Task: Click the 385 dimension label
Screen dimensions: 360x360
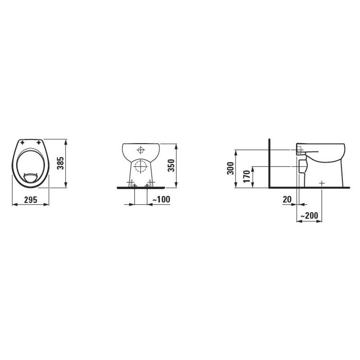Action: click(x=60, y=163)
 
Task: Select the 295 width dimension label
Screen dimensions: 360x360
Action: click(x=31, y=200)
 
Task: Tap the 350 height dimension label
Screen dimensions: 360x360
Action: click(x=171, y=165)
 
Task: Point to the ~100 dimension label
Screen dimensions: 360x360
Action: click(x=162, y=199)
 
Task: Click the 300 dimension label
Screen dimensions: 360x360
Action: click(x=230, y=168)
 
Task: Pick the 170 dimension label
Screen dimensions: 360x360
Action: click(x=247, y=176)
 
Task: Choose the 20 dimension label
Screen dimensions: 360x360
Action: click(x=287, y=199)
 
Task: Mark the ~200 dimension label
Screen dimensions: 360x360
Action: click(x=309, y=216)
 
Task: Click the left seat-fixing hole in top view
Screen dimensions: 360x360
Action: click(x=22, y=143)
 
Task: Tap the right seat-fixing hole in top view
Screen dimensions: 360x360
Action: click(x=39, y=143)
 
